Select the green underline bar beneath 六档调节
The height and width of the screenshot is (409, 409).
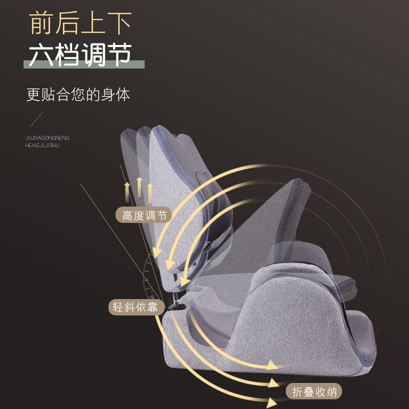coord(84,65)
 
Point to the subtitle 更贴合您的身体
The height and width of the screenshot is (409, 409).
coord(78,95)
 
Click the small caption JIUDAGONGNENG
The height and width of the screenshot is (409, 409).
coord(47,138)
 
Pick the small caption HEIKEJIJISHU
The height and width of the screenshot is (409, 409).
coord(42,145)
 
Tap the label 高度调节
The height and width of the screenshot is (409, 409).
coord(145,215)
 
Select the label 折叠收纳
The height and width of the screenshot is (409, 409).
coord(315,392)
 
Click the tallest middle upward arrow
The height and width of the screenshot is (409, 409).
coord(139,188)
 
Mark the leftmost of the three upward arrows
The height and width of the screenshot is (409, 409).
coord(127,192)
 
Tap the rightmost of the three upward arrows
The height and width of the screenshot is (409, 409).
coord(150,192)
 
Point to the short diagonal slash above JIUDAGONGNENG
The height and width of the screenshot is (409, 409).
coord(36,119)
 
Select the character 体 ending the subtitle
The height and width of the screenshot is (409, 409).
coord(123,95)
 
